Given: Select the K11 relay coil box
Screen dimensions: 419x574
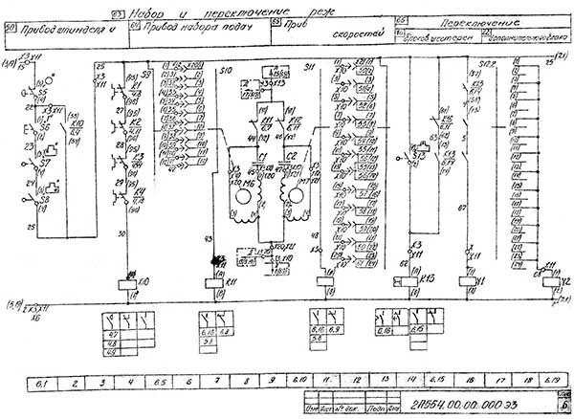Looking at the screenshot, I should coord(210,284).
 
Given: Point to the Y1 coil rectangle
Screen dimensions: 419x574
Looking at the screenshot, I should coord(468,283).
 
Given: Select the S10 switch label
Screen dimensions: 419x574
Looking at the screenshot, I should coord(228,70).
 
